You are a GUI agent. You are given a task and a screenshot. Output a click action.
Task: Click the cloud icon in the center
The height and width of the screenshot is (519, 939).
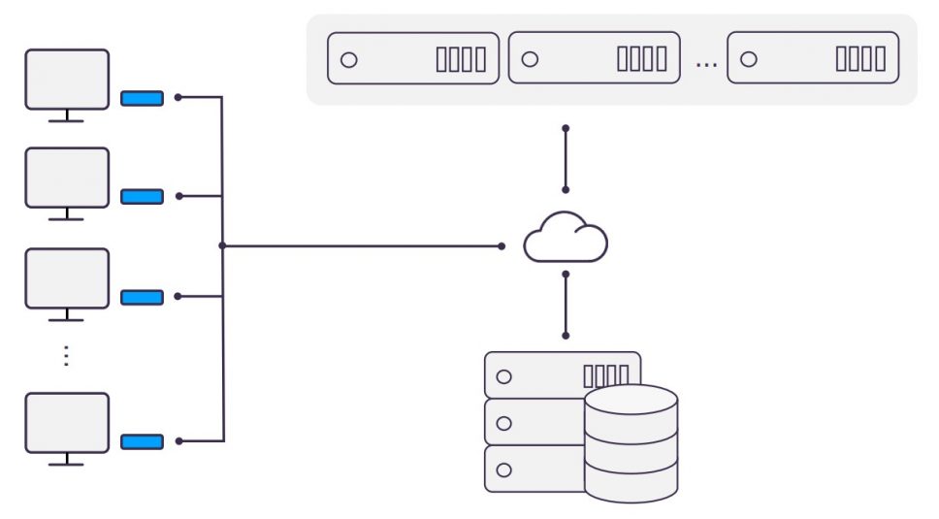[566, 239]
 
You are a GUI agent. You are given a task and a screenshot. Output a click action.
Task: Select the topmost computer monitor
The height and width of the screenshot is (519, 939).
[67, 79]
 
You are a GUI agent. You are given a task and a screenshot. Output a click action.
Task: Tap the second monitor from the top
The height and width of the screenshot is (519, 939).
[67, 178]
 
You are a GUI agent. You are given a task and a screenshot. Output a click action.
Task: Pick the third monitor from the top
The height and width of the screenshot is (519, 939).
[67, 278]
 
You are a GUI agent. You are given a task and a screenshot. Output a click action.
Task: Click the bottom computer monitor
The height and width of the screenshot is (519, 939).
[67, 423]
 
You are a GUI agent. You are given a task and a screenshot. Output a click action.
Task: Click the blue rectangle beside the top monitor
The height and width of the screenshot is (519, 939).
[142, 98]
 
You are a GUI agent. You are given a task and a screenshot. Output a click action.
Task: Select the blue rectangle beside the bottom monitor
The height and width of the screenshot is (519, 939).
[142, 441]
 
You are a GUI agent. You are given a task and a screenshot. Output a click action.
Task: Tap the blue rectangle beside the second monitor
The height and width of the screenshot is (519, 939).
[142, 197]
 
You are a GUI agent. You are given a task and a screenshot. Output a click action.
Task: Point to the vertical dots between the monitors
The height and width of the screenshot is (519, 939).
[66, 355]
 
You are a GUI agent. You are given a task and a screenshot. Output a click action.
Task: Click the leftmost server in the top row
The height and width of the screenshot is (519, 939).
[413, 59]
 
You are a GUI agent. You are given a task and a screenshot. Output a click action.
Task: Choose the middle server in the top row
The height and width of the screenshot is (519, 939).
[594, 59]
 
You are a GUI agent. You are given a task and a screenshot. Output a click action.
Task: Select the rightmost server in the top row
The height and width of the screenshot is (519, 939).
[813, 59]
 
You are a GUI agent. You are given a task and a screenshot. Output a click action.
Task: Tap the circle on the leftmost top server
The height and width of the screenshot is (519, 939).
[349, 59]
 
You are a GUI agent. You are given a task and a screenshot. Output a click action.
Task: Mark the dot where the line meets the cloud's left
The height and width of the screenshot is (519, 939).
[502, 246]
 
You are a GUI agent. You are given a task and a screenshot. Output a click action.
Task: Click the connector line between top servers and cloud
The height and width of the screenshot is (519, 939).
[566, 159]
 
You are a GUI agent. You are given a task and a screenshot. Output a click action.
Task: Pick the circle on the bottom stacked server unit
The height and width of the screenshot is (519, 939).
[503, 470]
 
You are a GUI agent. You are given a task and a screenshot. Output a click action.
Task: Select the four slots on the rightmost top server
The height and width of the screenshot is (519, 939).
[860, 59]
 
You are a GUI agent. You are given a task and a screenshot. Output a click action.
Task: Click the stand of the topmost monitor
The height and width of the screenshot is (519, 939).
[66, 116]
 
